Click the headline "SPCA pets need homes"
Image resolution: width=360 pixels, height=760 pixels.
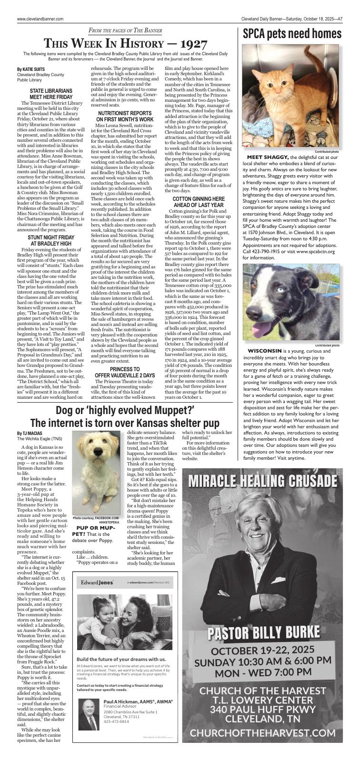click(x=292, y=34)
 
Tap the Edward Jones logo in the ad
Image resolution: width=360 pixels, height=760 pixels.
click(x=97, y=582)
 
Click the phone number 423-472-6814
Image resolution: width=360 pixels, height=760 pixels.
click(x=116, y=721)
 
